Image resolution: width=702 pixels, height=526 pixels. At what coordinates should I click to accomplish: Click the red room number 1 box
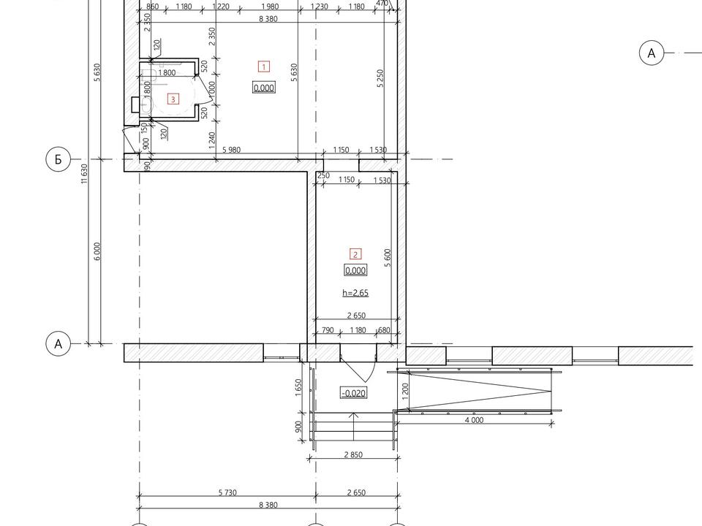pos(264,66)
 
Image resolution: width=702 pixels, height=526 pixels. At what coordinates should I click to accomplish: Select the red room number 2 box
pos(355,254)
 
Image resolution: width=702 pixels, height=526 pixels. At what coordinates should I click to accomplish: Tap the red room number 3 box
pos(173,99)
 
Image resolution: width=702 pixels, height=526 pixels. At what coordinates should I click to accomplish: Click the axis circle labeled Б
pos(58,159)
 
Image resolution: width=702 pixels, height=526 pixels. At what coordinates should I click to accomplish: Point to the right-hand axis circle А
pos(651,53)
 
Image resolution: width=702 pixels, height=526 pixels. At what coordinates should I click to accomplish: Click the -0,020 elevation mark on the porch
pos(354,393)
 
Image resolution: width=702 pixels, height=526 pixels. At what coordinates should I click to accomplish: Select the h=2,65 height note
pos(355,293)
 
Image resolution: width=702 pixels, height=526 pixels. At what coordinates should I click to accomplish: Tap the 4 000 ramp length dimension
pos(474,420)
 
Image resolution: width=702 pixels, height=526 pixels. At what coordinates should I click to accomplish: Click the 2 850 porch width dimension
pos(353,454)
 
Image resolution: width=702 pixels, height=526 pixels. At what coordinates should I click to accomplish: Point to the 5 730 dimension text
pos(227,492)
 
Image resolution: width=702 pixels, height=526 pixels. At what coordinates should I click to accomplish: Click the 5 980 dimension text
pos(231,149)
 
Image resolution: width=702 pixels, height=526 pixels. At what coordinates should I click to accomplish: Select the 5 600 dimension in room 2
pos(388,258)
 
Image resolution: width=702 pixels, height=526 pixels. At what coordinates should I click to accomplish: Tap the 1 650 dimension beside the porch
pos(298,387)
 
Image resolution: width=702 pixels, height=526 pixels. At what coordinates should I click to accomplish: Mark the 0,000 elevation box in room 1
pos(264,88)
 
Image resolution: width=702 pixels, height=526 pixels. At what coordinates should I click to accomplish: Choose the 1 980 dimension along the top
pos(270,7)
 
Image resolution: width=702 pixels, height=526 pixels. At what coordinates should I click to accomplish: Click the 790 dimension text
pos(328,330)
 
